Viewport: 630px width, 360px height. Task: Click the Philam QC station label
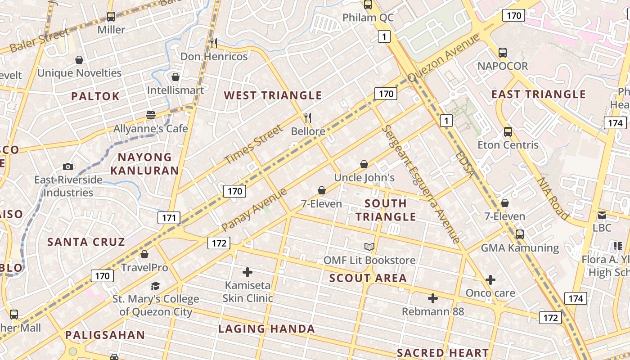(x=368, y=18)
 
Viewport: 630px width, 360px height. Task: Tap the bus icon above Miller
(x=111, y=17)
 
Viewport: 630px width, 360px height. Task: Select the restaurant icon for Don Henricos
(x=214, y=43)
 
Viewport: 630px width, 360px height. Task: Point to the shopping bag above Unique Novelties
(x=79, y=60)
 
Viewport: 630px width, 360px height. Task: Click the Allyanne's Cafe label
(x=150, y=129)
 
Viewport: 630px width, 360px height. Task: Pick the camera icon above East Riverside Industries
(x=68, y=167)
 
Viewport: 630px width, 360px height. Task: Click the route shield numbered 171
(x=169, y=218)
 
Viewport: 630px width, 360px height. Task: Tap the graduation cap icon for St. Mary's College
(x=155, y=286)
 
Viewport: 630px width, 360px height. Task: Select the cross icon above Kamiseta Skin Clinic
(x=247, y=272)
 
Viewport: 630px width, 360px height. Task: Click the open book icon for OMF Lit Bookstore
(x=369, y=247)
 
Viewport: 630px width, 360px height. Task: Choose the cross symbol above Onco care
(x=490, y=280)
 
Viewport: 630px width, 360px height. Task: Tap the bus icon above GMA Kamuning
(x=520, y=234)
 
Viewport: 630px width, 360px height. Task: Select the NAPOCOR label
(x=503, y=66)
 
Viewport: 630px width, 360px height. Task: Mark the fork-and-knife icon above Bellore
(x=308, y=118)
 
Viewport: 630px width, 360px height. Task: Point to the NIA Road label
(x=553, y=198)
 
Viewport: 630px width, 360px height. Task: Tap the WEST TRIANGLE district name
(x=273, y=95)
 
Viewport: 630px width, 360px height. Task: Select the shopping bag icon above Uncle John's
(x=364, y=165)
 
